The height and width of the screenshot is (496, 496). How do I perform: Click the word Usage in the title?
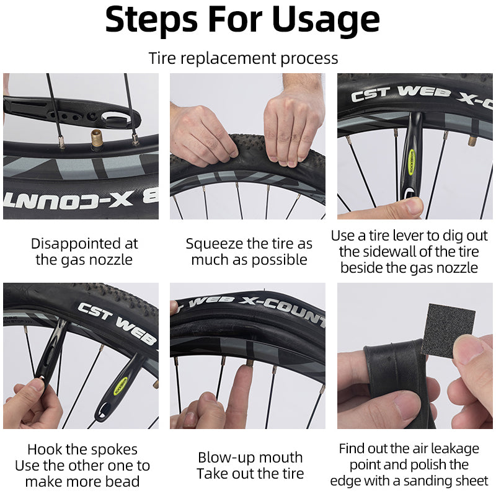pos(326,20)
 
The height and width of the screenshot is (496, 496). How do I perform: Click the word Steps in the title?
pos(151,20)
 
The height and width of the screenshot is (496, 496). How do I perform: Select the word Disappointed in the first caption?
pos(75,244)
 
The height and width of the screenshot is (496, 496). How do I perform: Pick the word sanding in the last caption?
pos(427,481)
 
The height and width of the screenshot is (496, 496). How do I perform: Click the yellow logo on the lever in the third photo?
pos(412,161)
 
